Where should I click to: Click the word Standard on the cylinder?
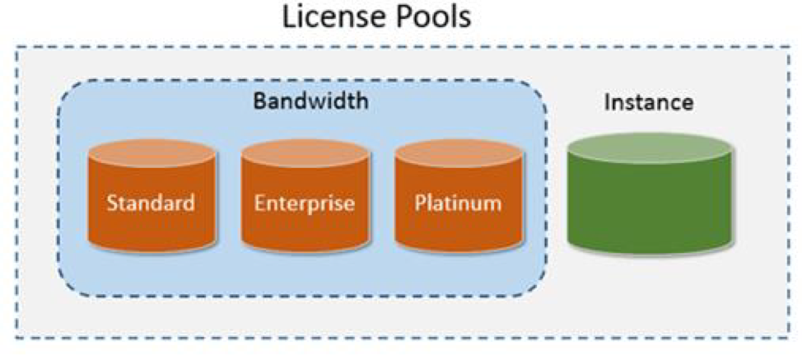(152, 202)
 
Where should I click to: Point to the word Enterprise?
(305, 202)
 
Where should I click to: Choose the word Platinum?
(458, 202)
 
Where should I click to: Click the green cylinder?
(650, 198)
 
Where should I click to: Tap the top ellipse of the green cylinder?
(650, 147)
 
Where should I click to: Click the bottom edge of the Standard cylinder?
(152, 248)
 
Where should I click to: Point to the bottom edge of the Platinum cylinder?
(458, 248)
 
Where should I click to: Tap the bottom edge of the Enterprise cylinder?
(305, 248)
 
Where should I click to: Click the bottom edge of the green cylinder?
(650, 247)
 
